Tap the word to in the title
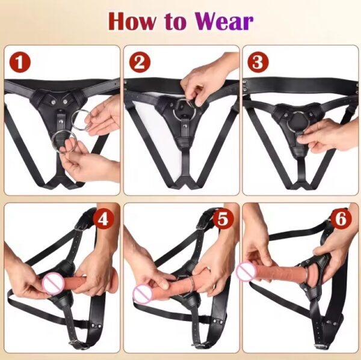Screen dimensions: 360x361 176,22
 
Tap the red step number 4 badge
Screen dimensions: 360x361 102,220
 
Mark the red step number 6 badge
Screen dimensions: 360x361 341,220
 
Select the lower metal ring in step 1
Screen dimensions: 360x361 63,143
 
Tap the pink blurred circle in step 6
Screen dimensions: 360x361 246,272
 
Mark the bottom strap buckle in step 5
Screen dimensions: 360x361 197,344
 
